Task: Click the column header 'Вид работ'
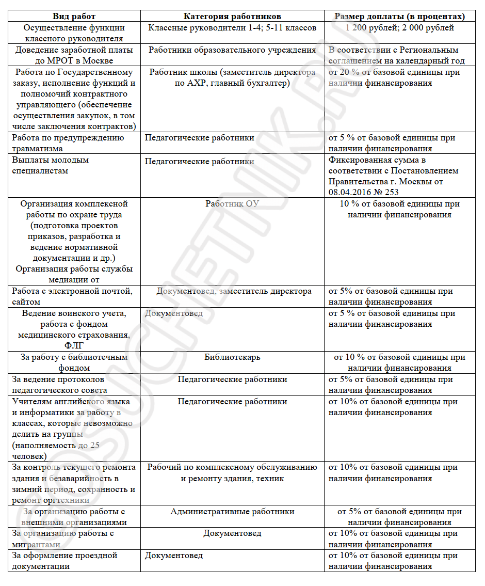click(74, 17)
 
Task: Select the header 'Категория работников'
click(232, 17)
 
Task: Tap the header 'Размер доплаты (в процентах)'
click(399, 17)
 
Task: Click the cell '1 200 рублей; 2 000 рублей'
click(400, 28)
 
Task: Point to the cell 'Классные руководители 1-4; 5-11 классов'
click(232, 28)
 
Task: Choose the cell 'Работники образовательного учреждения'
click(232, 50)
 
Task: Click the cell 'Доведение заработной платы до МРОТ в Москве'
click(74, 55)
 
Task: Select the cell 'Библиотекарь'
click(232, 357)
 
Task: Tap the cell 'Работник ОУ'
click(232, 204)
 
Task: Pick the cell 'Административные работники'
click(232, 512)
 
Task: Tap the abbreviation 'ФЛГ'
click(74, 346)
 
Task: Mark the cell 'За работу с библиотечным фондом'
click(74, 362)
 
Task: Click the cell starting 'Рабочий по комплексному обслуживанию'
click(232, 473)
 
